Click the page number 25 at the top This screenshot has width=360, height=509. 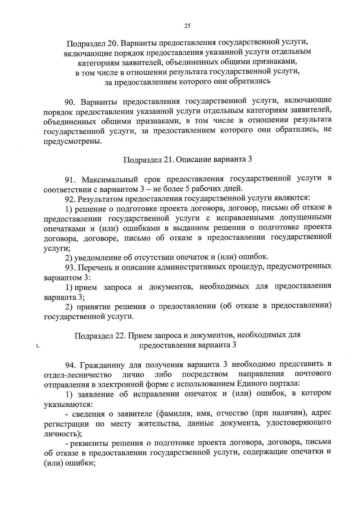click(187, 26)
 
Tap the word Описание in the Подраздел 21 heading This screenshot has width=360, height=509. click(193, 159)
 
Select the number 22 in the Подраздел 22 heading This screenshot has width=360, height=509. click(121, 335)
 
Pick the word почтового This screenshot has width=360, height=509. click(313, 374)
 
